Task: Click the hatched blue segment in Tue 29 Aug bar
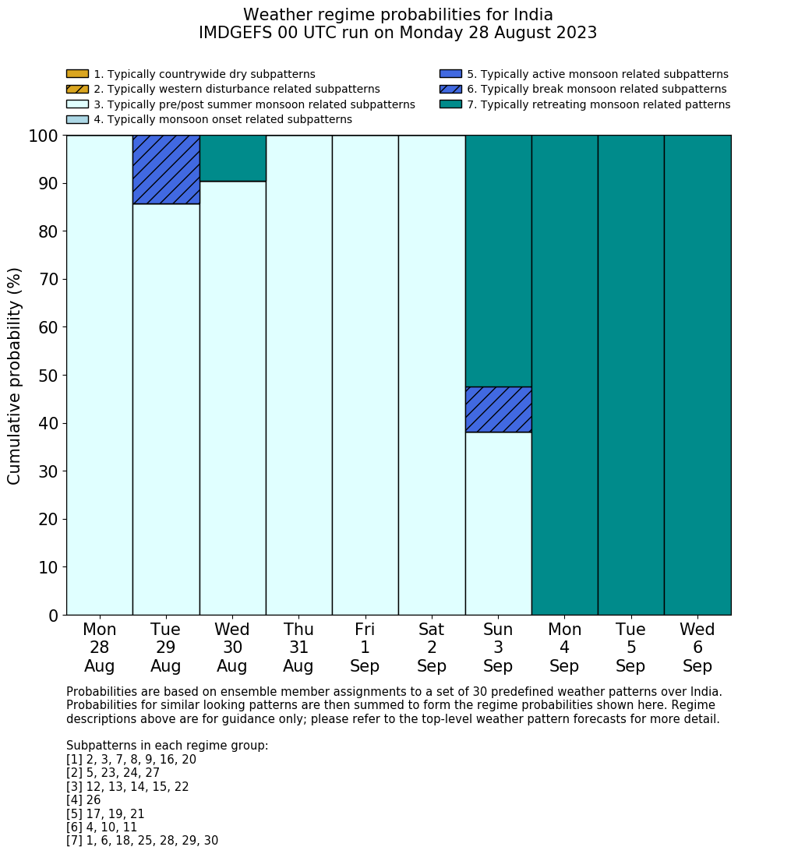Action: [x=166, y=169]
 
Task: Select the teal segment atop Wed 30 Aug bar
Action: [x=232, y=158]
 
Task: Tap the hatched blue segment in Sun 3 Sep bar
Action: [x=498, y=409]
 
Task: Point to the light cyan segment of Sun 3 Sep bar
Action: [x=498, y=523]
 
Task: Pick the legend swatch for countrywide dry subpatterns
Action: [x=77, y=74]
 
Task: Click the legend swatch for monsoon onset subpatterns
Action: [x=77, y=119]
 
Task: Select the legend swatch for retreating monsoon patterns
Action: [x=450, y=104]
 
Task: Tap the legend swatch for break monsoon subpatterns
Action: [x=450, y=89]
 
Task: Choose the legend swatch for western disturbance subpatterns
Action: [x=77, y=89]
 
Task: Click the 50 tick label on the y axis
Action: [x=48, y=376]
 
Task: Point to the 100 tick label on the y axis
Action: [x=44, y=136]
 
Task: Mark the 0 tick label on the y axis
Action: [x=53, y=616]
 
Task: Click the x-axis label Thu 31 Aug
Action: [x=298, y=647]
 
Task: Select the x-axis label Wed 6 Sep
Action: [x=697, y=647]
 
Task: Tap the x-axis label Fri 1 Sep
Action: [x=365, y=647]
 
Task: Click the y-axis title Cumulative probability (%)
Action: [x=15, y=376]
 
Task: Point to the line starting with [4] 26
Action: [x=83, y=800]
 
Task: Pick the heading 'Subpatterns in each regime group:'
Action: [x=167, y=746]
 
